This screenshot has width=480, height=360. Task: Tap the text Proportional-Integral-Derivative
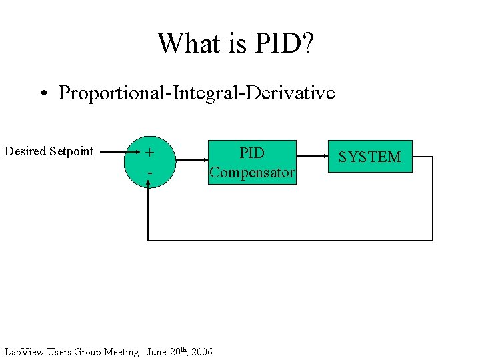point(196,93)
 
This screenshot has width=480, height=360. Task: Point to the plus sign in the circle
point(150,153)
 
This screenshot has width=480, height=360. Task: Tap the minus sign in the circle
point(150,173)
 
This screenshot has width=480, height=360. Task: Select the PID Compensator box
point(252,162)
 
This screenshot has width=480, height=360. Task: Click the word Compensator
point(252,173)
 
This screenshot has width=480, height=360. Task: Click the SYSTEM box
point(369,157)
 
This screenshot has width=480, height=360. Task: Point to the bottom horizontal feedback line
point(290,239)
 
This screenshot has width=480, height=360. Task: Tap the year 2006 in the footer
point(201,352)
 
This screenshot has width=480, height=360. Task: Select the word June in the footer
point(157,352)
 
